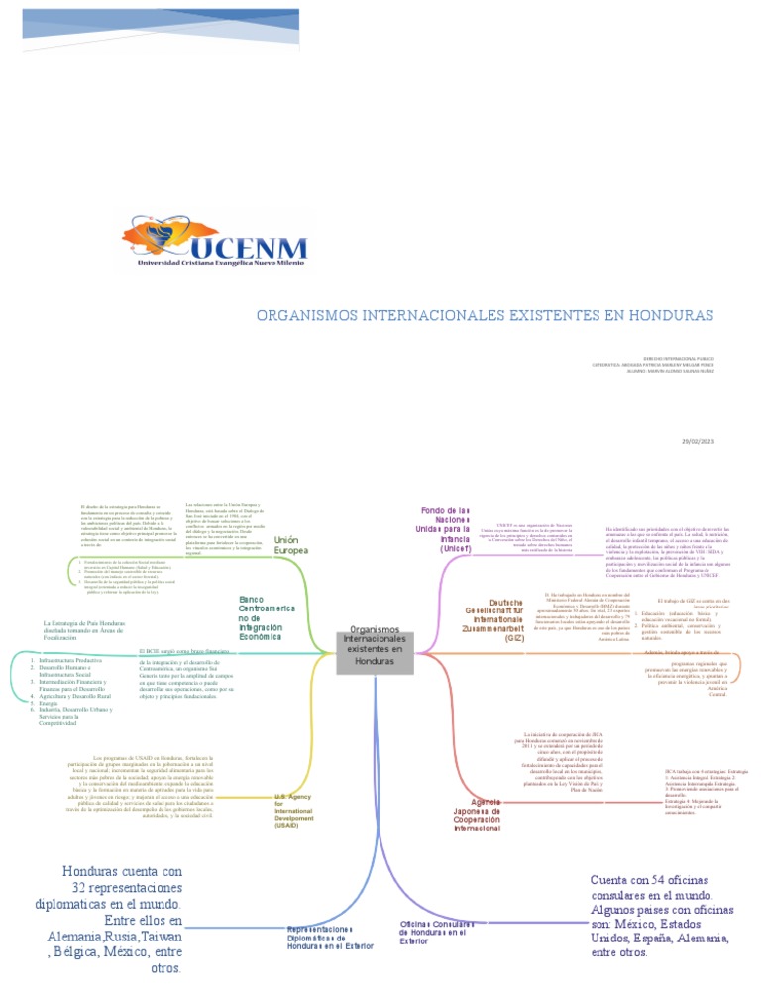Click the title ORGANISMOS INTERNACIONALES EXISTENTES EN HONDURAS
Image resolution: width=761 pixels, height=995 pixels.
485,315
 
